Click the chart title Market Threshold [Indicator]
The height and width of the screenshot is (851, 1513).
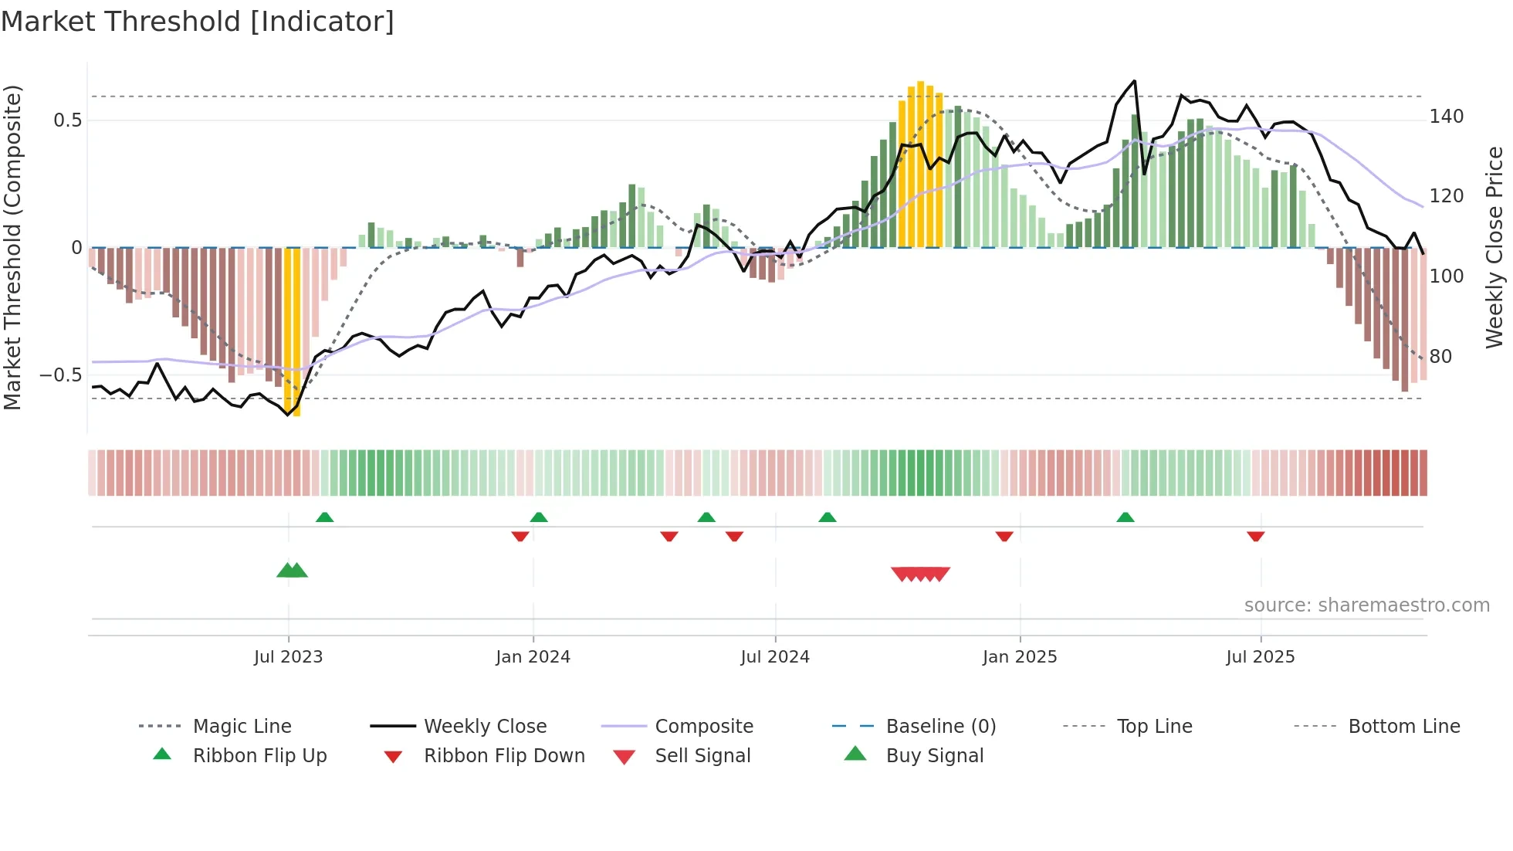198,22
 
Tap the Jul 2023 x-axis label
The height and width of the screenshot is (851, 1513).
288,657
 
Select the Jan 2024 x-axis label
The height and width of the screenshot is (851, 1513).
533,657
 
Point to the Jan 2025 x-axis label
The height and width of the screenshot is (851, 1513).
1019,657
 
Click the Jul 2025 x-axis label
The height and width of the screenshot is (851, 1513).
1260,657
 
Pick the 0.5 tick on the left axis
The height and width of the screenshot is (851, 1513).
67,120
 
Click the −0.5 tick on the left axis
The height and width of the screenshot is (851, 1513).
61,375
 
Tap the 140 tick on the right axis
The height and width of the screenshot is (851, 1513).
1446,117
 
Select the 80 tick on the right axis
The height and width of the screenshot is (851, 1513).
1440,357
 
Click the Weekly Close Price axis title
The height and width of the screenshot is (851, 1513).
1494,247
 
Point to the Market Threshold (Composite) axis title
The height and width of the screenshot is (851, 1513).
12,247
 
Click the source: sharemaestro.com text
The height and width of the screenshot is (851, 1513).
1366,605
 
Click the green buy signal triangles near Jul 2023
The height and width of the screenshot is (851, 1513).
292,571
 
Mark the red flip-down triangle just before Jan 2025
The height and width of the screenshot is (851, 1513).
1004,536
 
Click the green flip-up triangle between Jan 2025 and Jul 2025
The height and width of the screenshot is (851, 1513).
1125,517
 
